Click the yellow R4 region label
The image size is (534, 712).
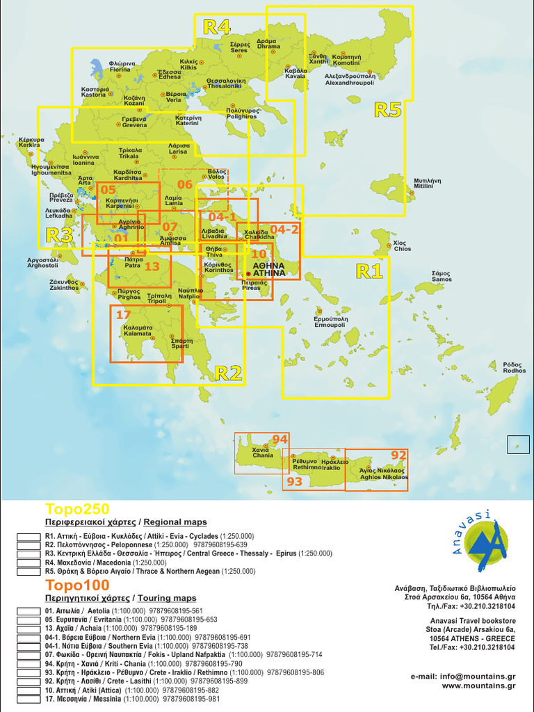(216, 27)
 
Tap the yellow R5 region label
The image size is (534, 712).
(388, 109)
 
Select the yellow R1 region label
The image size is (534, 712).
(369, 270)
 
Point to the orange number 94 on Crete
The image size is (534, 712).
(280, 439)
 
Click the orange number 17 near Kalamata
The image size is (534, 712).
(124, 314)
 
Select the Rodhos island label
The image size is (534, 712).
(515, 368)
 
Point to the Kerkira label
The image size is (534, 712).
(30, 142)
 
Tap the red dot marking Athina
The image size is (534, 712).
(248, 274)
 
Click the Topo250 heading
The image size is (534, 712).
(67, 508)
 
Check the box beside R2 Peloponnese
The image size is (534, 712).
(29, 545)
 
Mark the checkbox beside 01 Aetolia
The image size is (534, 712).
(29, 610)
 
